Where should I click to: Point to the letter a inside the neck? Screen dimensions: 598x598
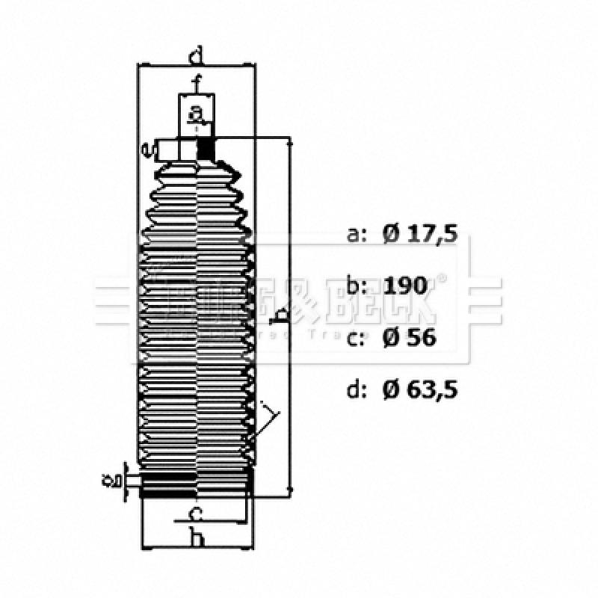click(196, 113)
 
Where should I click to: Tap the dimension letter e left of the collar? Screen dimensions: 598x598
click(149, 150)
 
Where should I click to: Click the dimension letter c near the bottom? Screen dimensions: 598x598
click(195, 514)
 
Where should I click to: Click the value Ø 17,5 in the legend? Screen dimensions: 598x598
click(419, 234)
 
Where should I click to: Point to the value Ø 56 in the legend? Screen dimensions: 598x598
click(408, 337)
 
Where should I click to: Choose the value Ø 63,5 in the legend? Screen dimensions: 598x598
click(419, 389)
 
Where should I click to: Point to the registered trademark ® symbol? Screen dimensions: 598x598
click(441, 280)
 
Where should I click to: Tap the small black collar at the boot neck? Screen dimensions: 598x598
click(206, 149)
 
